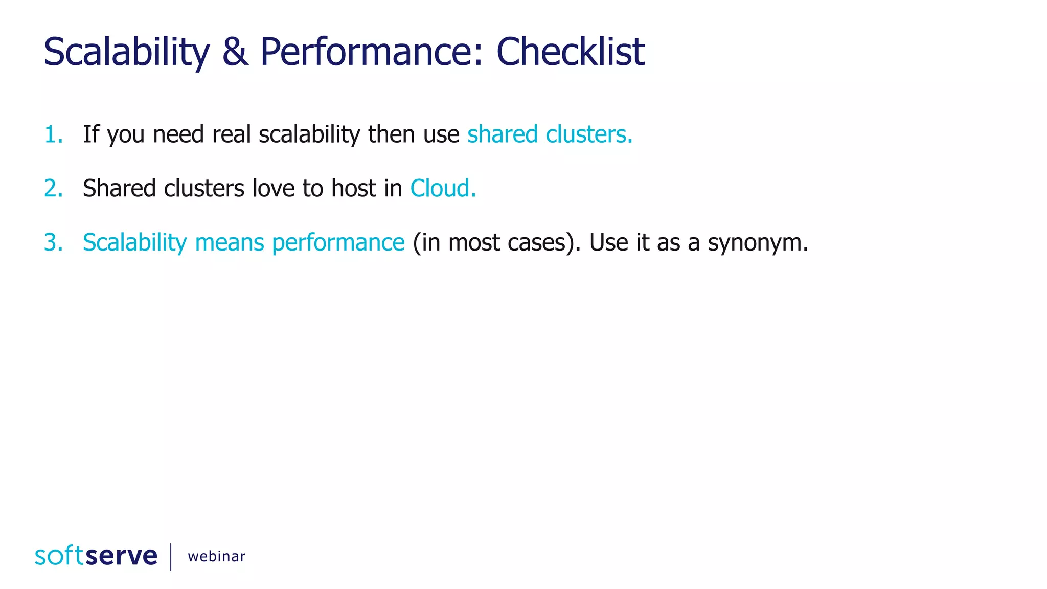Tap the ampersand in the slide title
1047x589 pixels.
coord(235,52)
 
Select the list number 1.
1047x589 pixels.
coord(53,134)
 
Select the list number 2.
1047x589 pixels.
coord(53,189)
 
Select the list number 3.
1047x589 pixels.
coord(53,242)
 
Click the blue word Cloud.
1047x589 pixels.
coord(442,189)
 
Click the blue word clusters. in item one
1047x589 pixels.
coord(589,134)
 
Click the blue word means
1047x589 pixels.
coord(229,243)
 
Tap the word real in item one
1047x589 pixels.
coord(231,134)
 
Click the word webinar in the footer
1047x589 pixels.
coord(216,556)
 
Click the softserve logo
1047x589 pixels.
coord(96,556)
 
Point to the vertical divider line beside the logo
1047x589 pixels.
coord(171,556)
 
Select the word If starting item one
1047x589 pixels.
coord(90,134)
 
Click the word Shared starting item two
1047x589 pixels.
coord(119,189)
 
